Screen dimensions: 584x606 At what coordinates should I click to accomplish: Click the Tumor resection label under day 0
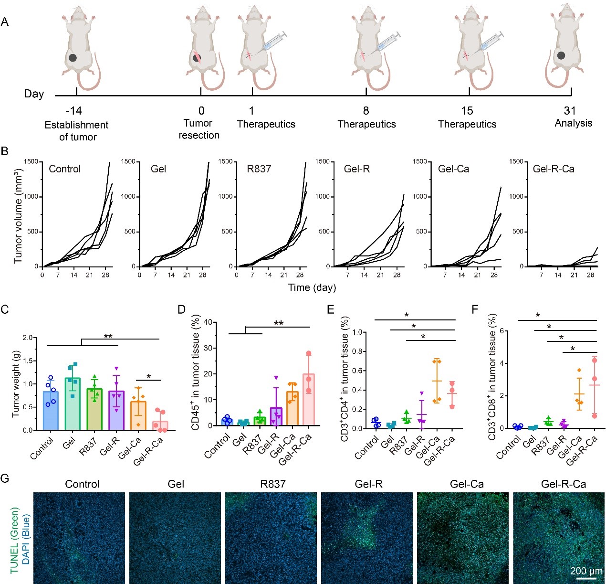(x=199, y=129)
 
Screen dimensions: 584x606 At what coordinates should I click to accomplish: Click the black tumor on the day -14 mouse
(x=73, y=58)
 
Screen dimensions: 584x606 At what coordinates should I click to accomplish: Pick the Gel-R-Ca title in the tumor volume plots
(x=554, y=169)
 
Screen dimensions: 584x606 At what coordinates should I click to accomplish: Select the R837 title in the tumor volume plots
(x=259, y=169)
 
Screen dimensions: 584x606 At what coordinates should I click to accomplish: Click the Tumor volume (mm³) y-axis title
(x=18, y=216)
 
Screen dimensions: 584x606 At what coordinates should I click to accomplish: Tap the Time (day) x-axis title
(x=312, y=287)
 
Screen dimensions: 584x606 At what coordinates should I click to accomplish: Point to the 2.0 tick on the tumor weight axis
(x=27, y=338)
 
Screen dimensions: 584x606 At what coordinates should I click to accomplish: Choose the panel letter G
(x=5, y=478)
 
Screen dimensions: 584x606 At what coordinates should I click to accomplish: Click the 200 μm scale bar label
(x=586, y=571)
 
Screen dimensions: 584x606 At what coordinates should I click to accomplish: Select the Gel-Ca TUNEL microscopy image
(x=462, y=538)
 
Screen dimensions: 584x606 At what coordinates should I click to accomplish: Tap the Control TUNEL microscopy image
(x=79, y=538)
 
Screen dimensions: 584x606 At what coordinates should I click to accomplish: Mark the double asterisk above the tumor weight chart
(x=108, y=337)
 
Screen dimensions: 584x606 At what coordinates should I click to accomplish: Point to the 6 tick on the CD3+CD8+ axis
(x=502, y=331)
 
